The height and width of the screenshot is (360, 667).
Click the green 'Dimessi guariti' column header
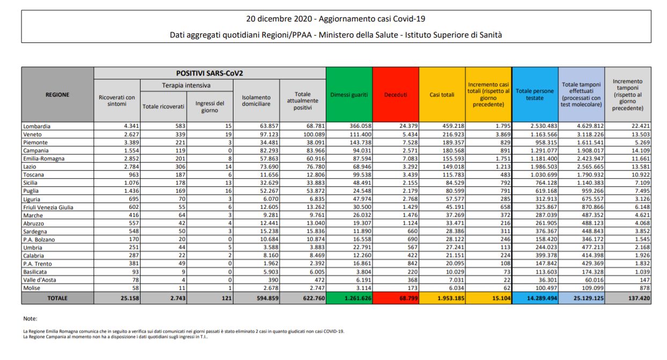coord(349,94)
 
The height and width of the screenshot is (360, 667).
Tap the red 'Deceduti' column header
coord(395,94)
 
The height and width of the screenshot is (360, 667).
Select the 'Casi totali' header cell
coord(442,94)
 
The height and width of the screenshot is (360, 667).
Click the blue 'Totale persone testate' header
coord(535,94)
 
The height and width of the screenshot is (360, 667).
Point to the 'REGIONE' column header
coord(57,94)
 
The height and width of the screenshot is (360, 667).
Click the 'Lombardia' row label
coord(36,126)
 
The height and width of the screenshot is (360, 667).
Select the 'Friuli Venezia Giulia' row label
coord(48,207)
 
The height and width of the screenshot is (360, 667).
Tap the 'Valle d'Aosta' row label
coord(39,280)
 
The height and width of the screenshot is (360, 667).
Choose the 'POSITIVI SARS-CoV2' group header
coord(209,73)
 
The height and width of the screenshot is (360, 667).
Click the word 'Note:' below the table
coord(31,319)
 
